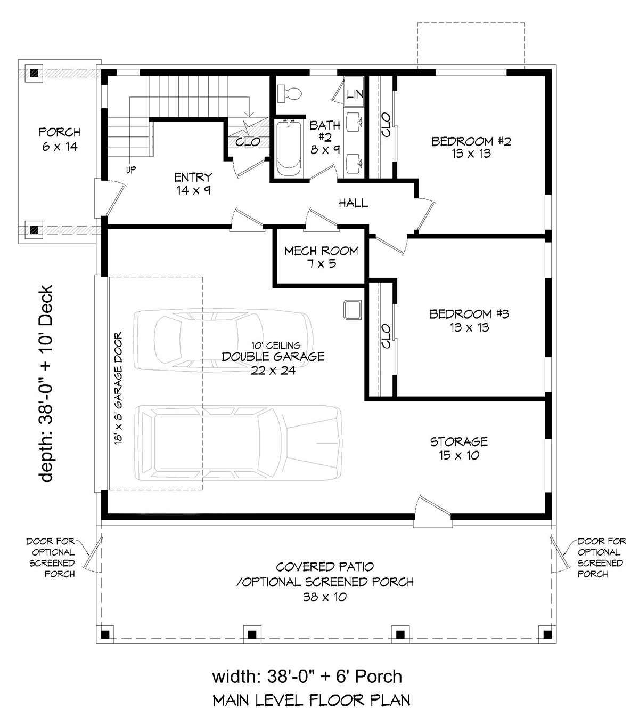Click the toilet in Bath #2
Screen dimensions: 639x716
pyautogui.click(x=289, y=94)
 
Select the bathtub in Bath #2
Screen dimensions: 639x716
pyautogui.click(x=289, y=148)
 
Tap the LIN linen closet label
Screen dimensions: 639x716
pyautogui.click(x=355, y=94)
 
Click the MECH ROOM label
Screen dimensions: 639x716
pyautogui.click(x=321, y=251)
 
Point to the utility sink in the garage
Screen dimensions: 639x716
pyautogui.click(x=353, y=310)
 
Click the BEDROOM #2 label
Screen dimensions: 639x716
pyautogui.click(x=471, y=141)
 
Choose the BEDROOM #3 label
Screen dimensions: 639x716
pyautogui.click(x=469, y=314)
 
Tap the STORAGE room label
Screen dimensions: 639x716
pyautogui.click(x=459, y=441)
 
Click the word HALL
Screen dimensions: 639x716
pyautogui.click(x=354, y=203)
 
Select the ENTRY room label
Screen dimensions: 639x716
pyautogui.click(x=193, y=177)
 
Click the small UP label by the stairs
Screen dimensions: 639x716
pyautogui.click(x=131, y=170)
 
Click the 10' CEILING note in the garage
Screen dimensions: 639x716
pyautogui.click(x=276, y=345)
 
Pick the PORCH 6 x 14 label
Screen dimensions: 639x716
pyautogui.click(x=60, y=139)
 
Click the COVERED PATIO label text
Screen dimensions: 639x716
pyautogui.click(x=325, y=567)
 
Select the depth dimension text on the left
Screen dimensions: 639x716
pyautogui.click(x=46, y=383)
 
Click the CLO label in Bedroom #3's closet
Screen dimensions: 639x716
pyautogui.click(x=386, y=336)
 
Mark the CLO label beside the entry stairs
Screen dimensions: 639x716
pyautogui.click(x=248, y=142)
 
